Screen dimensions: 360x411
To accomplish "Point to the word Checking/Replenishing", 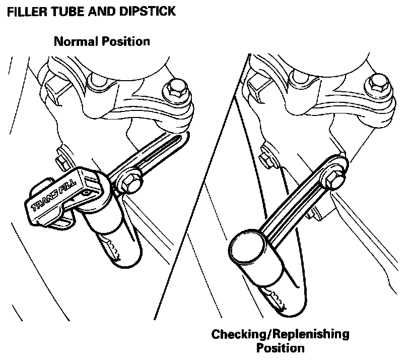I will [x=280, y=334].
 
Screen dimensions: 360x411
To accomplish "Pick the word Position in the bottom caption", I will [x=280, y=348].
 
